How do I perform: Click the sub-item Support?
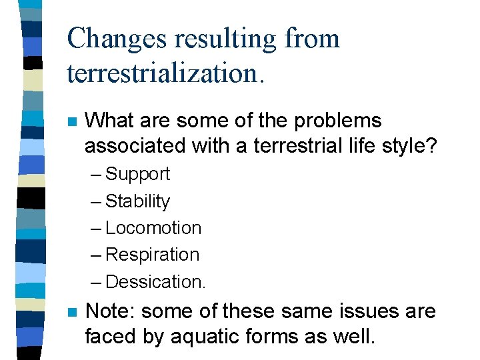click(138, 174)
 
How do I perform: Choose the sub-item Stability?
click(138, 201)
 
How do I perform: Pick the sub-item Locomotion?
click(153, 228)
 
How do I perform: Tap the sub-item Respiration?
click(153, 255)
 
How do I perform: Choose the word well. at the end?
click(353, 337)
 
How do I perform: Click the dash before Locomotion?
click(95, 228)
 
